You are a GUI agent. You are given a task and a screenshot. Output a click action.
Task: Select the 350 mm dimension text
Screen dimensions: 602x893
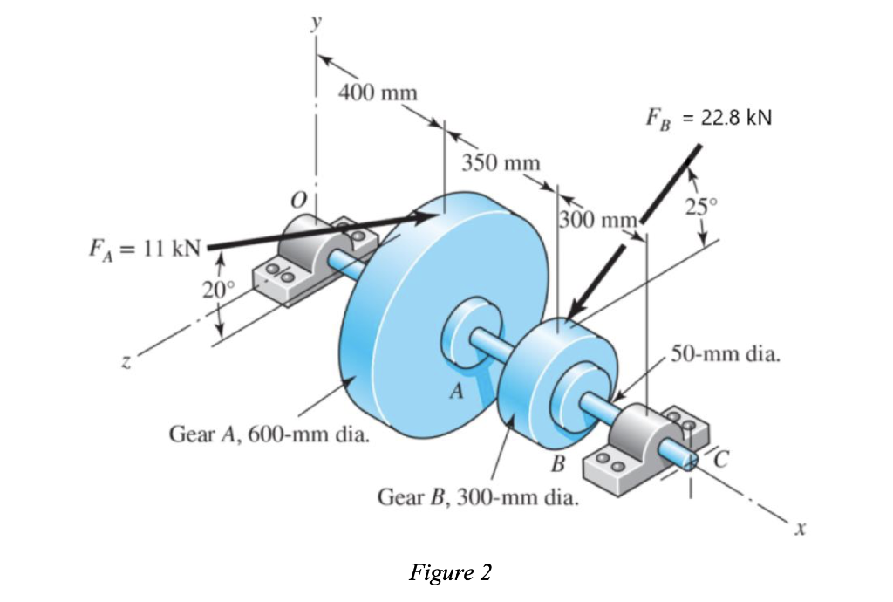501,163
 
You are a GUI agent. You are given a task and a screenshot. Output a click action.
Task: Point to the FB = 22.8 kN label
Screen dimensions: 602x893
708,118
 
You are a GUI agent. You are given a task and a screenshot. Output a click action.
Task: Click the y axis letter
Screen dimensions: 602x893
317,23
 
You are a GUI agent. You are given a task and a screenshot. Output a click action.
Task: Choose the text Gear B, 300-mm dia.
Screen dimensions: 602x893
477,498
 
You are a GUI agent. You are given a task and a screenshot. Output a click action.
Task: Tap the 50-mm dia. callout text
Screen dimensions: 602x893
726,356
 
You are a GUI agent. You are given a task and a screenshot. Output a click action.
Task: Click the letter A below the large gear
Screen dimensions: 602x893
454,392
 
